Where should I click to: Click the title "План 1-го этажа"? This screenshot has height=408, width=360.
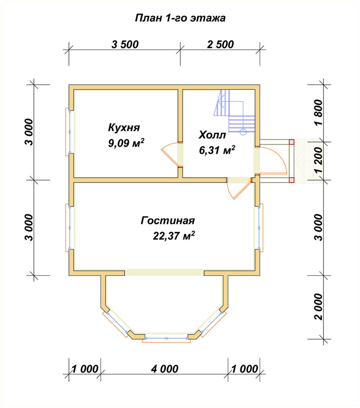180,18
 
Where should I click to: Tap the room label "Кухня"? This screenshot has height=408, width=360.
124,127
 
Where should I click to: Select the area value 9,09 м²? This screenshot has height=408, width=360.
126,142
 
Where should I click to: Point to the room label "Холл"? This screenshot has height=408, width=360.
212,135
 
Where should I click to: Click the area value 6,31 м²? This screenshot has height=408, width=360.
217,150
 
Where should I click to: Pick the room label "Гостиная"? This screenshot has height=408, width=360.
168,220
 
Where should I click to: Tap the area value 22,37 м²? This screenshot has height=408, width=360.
174,236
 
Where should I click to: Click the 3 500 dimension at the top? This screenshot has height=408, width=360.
125,44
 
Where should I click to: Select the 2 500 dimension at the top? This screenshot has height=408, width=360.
220,44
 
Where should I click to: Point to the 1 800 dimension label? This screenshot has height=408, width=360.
318,113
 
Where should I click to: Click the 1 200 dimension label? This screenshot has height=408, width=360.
318,160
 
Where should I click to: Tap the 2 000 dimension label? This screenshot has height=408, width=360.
318,307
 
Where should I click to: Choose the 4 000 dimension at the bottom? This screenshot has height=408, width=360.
164,369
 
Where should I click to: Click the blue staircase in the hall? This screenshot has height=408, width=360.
234,112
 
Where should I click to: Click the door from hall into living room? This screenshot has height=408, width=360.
239,188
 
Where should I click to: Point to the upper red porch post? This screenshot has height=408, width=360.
291,142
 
